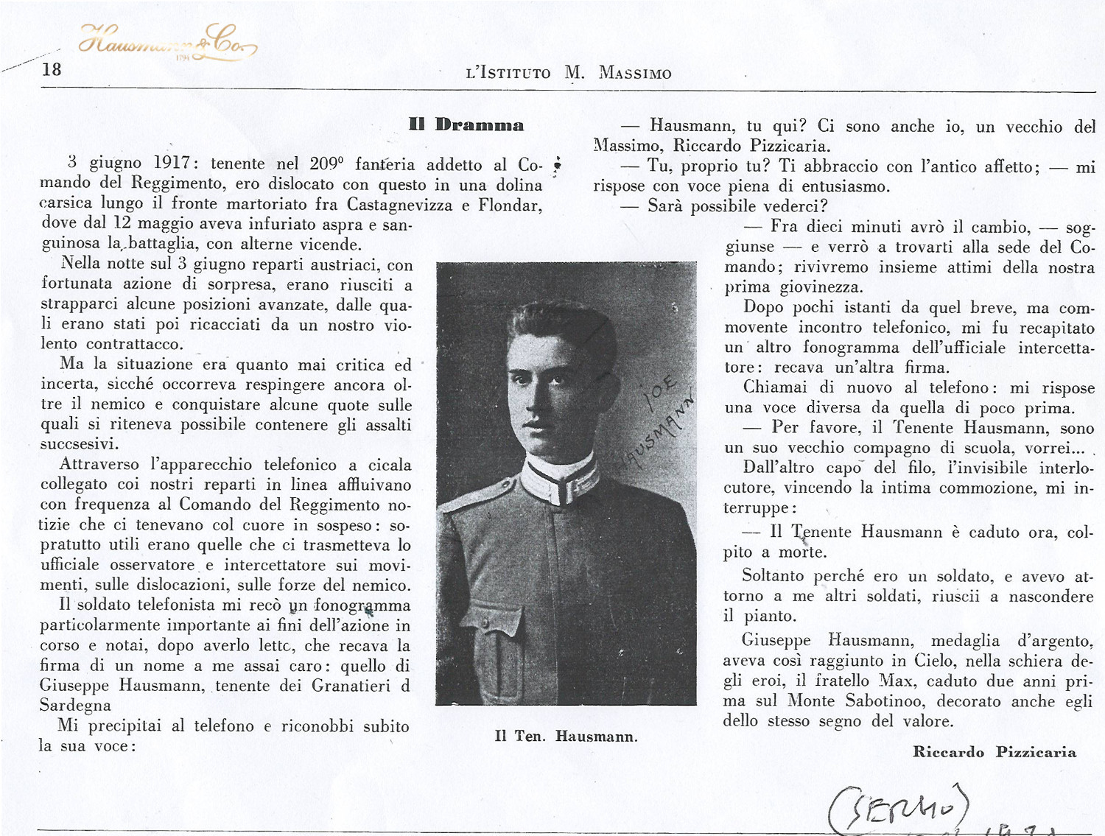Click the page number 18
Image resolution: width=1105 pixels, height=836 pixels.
[x=52, y=70]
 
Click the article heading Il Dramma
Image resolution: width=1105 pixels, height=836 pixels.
[x=466, y=124]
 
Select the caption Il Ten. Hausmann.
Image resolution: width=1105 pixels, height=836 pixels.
[x=566, y=736]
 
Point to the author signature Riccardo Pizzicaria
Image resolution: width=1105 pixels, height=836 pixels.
[x=994, y=752]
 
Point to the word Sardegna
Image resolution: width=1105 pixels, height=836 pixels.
[x=75, y=705]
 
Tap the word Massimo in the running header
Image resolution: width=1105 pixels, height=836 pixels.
[x=635, y=73]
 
